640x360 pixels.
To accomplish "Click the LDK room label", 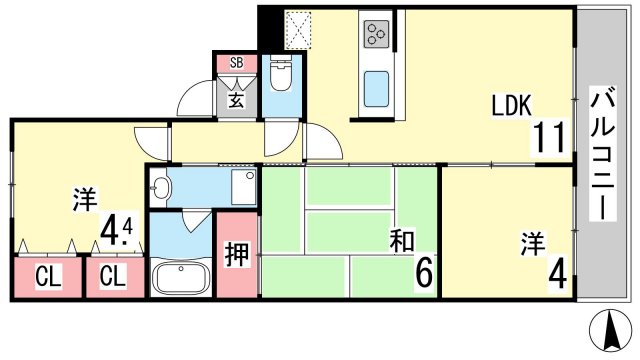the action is pyautogui.click(x=511, y=105).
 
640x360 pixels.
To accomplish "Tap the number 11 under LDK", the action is pyautogui.click(x=549, y=137).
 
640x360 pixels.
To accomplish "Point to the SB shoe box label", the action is pyautogui.click(x=236, y=63).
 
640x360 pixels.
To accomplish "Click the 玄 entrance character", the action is pyautogui.click(x=236, y=99).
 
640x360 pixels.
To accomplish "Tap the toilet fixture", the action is pyautogui.click(x=280, y=75).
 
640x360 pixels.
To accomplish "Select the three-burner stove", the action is pyautogui.click(x=377, y=34).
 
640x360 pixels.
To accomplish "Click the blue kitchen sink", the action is pyautogui.click(x=376, y=89).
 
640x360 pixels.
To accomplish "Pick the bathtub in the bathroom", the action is pyautogui.click(x=180, y=277).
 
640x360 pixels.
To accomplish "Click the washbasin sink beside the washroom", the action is pyautogui.click(x=159, y=188).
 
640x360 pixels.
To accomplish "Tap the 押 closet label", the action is pyautogui.click(x=237, y=255).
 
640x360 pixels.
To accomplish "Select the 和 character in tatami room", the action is pyautogui.click(x=402, y=241).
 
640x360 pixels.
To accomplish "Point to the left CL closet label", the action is pyautogui.click(x=48, y=277).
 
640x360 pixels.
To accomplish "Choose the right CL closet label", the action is pyautogui.click(x=112, y=276).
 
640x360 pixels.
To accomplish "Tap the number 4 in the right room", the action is pyautogui.click(x=558, y=275).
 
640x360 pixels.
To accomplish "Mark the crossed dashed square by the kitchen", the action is pyautogui.click(x=298, y=29).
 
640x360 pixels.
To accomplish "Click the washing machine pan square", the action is pyautogui.click(x=244, y=187).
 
